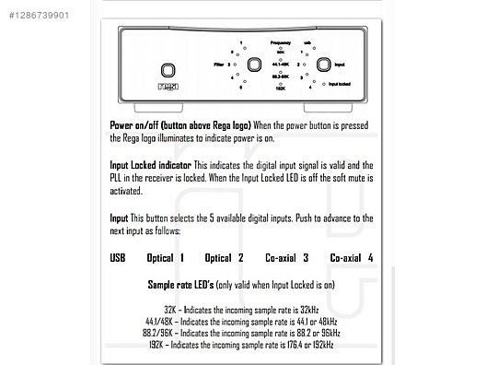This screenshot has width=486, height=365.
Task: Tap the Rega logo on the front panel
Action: (x=168, y=90)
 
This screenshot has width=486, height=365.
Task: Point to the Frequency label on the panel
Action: (x=281, y=43)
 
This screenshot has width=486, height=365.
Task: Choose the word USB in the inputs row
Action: (x=117, y=258)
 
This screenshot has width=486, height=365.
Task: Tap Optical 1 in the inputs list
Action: (x=166, y=258)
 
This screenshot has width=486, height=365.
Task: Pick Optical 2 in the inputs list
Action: (x=224, y=258)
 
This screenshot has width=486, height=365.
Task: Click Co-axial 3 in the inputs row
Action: (x=286, y=258)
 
